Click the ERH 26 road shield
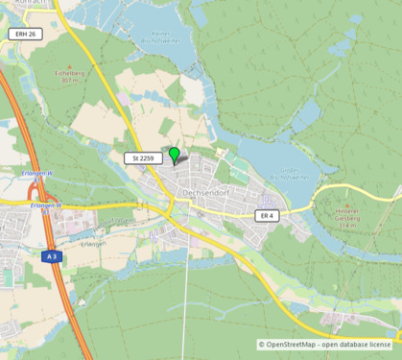(26, 35)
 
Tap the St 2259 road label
(141, 157)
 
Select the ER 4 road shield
(267, 217)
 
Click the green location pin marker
(174, 154)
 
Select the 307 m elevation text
(68, 80)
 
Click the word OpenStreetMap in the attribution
(292, 344)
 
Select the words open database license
(356, 344)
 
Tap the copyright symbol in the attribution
(261, 344)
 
